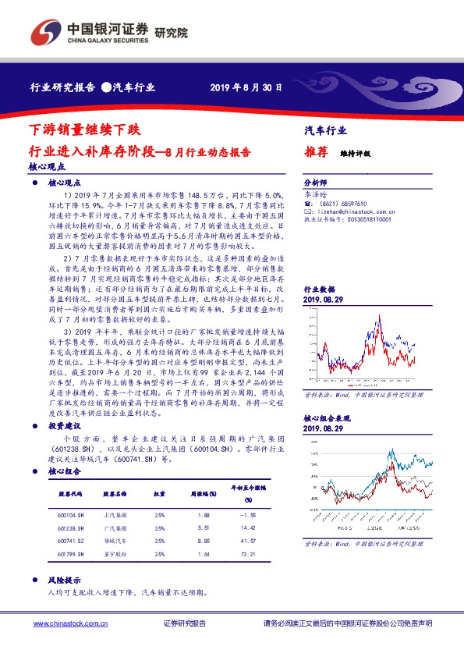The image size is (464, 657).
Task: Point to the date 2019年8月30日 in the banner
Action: [246, 87]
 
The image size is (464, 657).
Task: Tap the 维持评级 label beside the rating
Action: [355, 154]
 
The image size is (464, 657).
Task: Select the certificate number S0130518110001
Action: [361, 220]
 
